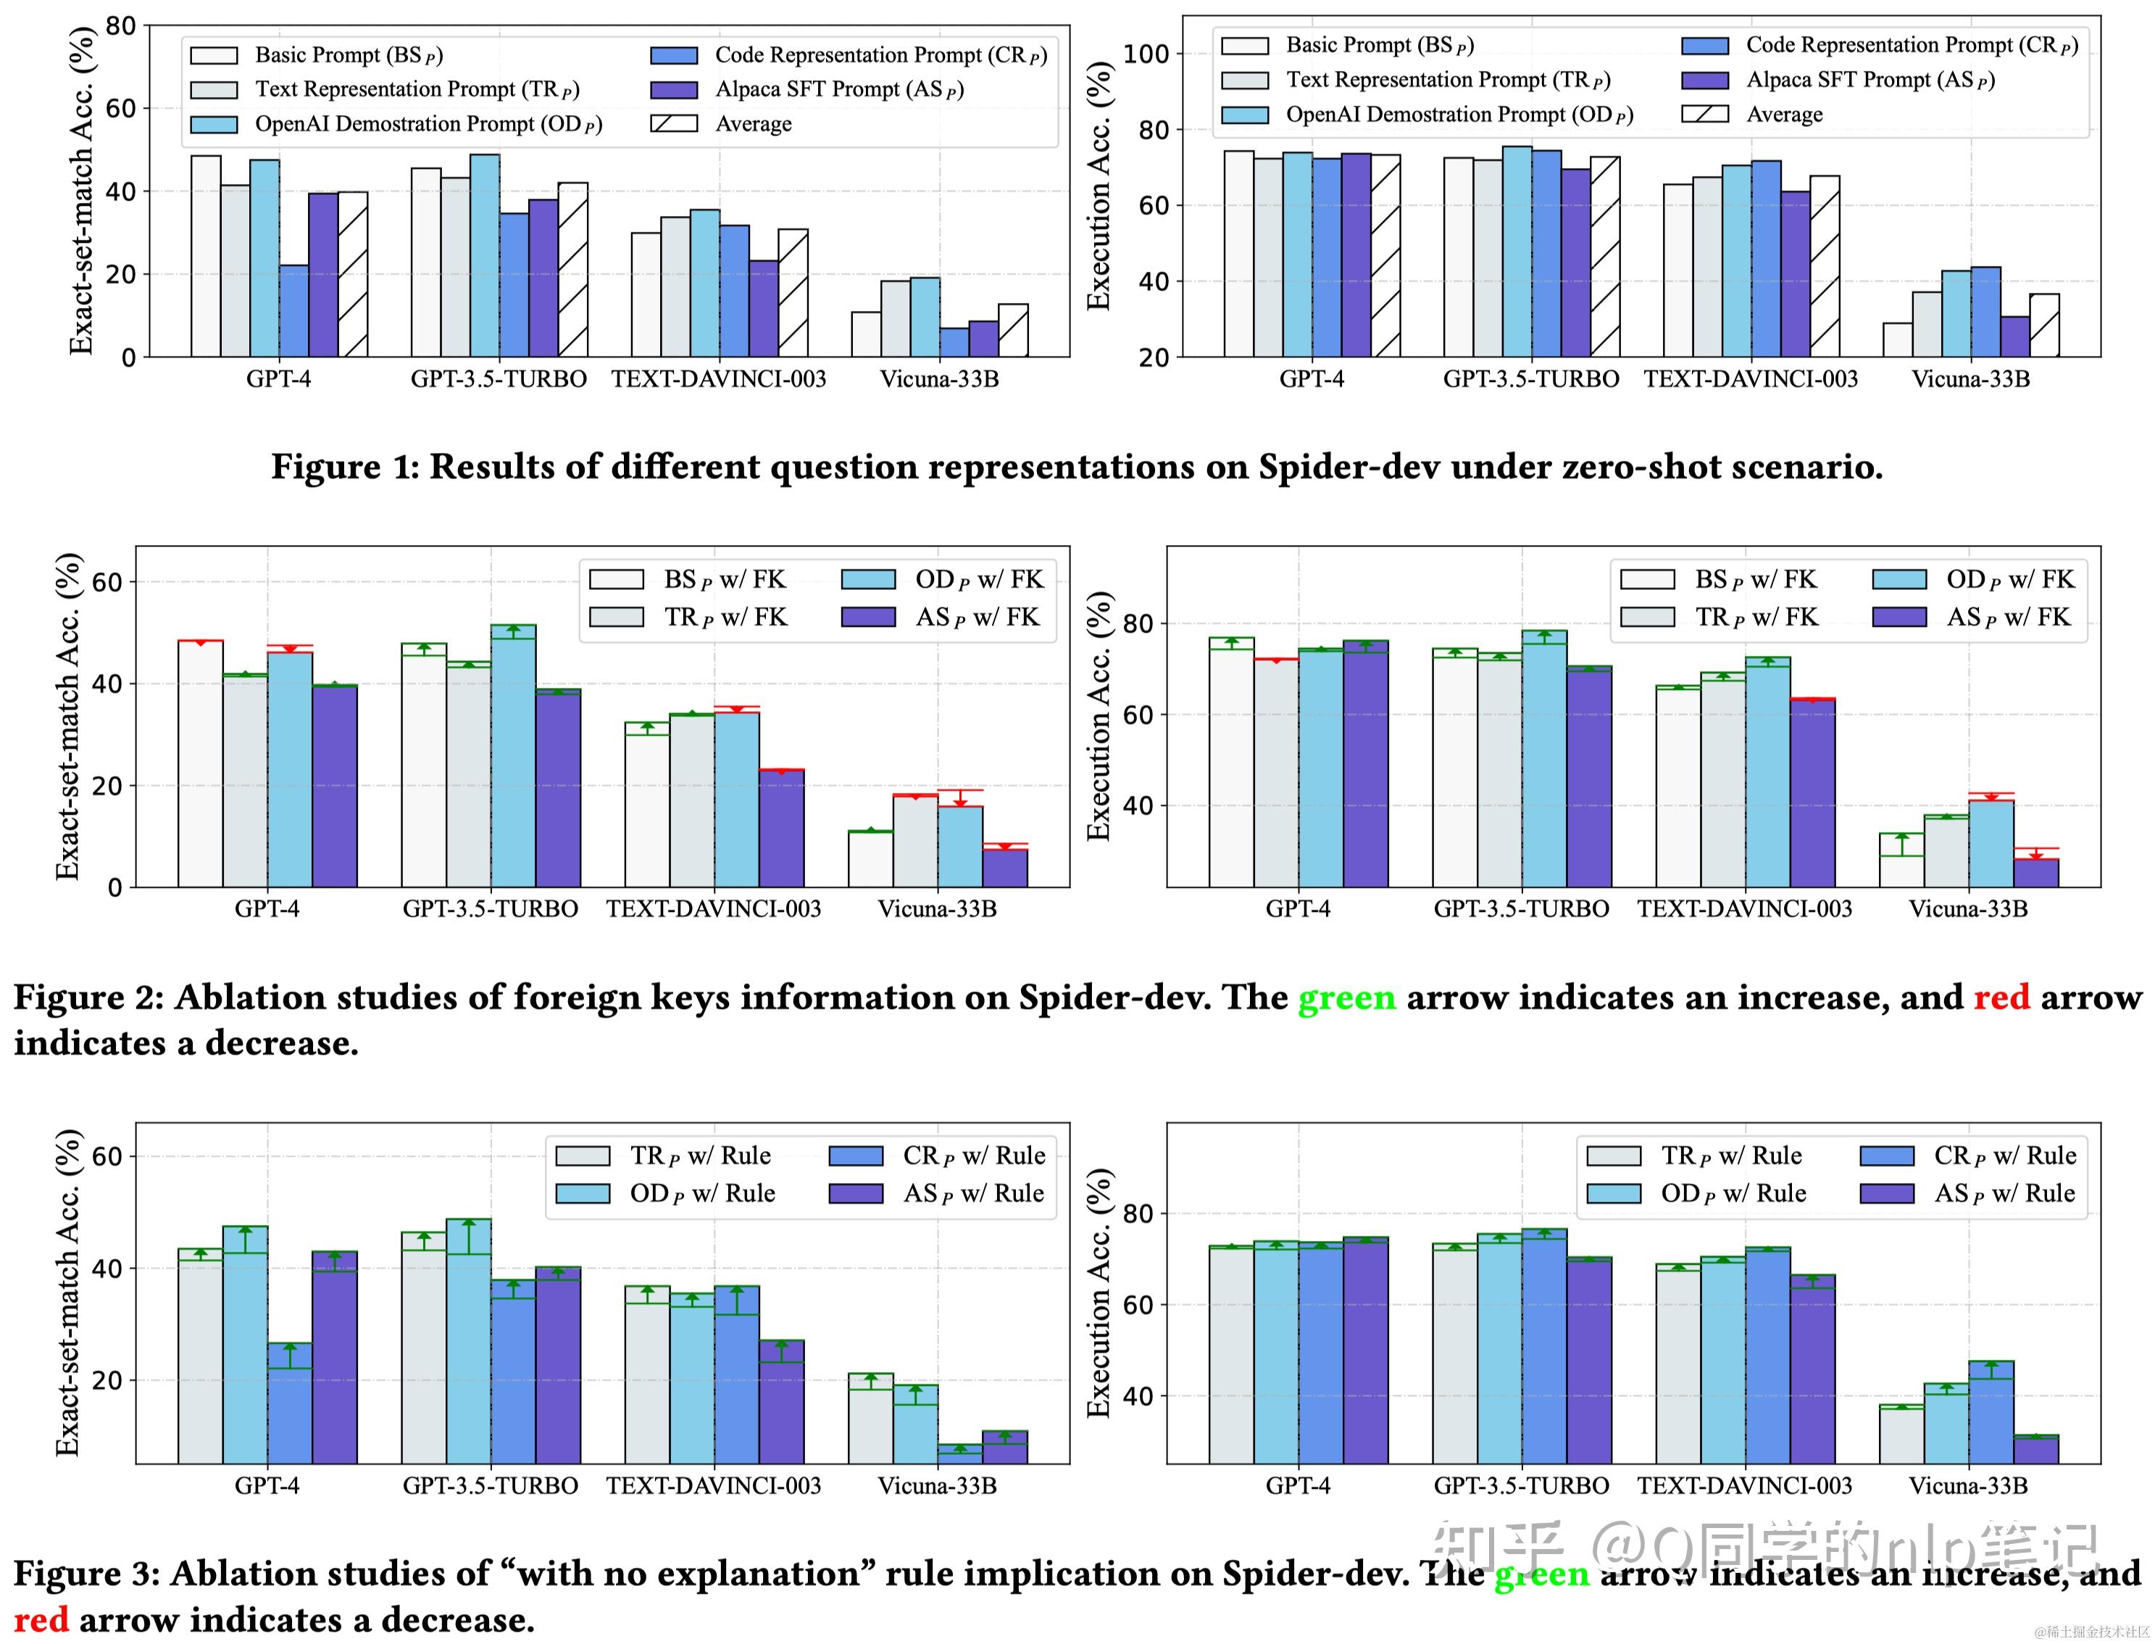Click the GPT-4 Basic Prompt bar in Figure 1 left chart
coord(205,257)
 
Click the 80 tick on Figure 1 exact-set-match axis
coord(120,25)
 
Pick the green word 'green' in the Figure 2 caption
coord(1346,997)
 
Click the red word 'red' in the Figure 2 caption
coord(2001,997)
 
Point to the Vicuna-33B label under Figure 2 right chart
coord(1968,909)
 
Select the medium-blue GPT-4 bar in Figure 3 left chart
coord(290,1403)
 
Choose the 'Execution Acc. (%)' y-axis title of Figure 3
coord(1099,1294)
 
